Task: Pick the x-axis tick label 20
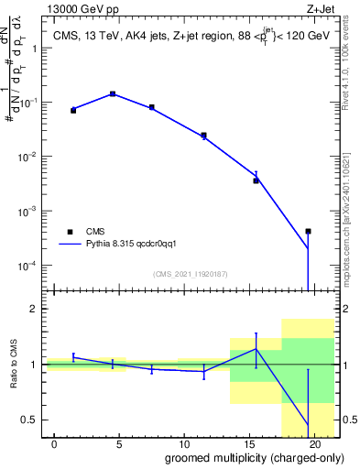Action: [316, 443]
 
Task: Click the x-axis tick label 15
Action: [250, 443]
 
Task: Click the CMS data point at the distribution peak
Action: [113, 93]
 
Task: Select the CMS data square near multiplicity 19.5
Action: [309, 232]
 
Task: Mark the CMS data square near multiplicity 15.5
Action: [256, 180]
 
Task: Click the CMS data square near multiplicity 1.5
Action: [73, 110]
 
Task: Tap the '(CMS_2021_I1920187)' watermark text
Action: [190, 274]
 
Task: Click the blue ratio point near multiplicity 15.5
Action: [256, 349]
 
